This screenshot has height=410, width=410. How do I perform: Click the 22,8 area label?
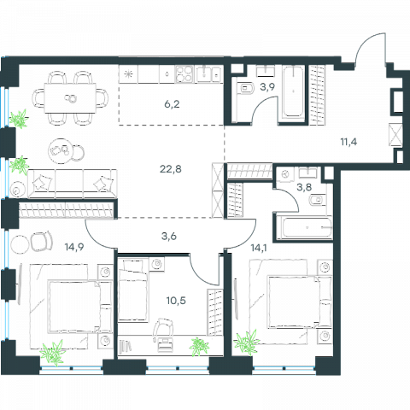(x=171, y=169)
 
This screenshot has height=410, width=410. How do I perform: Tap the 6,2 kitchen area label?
(x=172, y=104)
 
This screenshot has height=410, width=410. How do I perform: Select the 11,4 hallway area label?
(x=348, y=142)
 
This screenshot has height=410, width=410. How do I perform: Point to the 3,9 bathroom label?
(x=267, y=87)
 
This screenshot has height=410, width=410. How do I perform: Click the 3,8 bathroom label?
(x=304, y=187)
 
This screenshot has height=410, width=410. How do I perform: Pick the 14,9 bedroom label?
(x=74, y=247)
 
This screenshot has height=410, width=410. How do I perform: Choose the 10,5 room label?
(x=176, y=300)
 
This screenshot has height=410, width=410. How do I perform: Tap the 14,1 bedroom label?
(x=259, y=248)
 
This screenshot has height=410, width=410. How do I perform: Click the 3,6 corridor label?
(x=169, y=236)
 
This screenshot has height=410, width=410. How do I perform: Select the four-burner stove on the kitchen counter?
(x=184, y=74)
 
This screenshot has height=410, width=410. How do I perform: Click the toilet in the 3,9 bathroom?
(x=245, y=88)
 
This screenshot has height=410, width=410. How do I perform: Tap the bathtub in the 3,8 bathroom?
(x=304, y=228)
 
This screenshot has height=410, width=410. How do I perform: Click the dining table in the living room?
(x=70, y=98)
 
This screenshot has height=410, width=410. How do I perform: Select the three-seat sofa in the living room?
(x=73, y=184)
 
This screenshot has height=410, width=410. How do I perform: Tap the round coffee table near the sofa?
(x=61, y=151)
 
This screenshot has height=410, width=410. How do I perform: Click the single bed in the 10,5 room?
(x=133, y=290)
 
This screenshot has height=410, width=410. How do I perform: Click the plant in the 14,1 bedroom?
(x=247, y=343)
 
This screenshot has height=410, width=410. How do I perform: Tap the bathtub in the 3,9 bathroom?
(x=293, y=91)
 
